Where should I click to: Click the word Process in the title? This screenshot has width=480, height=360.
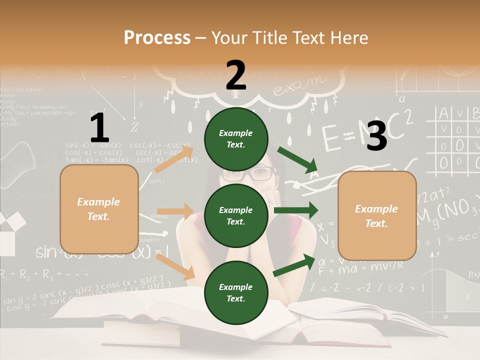tap(157, 37)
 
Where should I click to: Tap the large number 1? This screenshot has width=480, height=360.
tap(99, 128)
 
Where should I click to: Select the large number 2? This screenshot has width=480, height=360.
tap(236, 75)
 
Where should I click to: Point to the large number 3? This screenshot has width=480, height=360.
tap(376, 136)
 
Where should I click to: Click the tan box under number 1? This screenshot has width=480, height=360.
tap(99, 209)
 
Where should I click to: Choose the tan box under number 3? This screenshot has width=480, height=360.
tap(377, 216)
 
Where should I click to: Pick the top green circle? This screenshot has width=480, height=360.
tap(236, 138)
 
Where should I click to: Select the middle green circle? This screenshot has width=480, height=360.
tap(236, 215)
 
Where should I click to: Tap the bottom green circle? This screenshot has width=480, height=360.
tap(236, 292)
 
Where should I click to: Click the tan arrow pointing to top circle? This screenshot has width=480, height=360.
tap(174, 159)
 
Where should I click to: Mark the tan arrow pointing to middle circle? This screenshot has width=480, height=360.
tap(175, 211)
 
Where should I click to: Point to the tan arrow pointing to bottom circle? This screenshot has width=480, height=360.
tap(175, 266)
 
